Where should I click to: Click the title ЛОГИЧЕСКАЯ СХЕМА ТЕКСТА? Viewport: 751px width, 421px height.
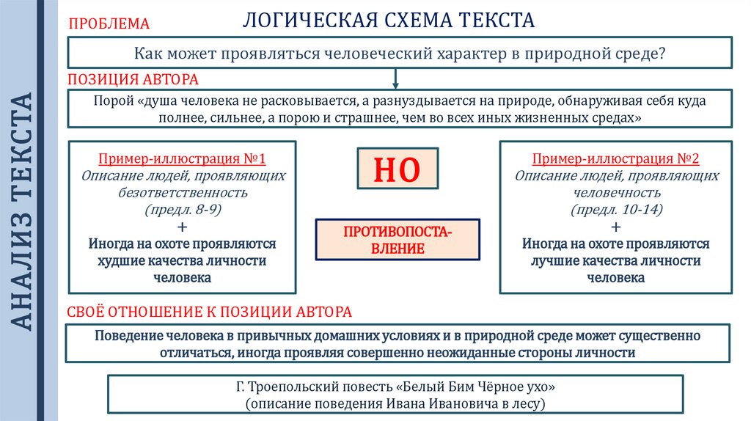(389, 20)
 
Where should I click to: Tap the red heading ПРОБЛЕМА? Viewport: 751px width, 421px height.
(109, 24)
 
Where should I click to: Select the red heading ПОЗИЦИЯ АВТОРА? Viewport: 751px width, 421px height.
(133, 78)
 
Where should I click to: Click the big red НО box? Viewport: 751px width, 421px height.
(397, 169)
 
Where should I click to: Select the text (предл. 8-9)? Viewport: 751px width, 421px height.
(183, 210)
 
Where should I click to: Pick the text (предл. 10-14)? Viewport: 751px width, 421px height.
(616, 210)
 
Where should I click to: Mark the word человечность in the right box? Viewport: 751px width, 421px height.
(616, 193)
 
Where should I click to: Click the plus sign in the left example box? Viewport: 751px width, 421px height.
(183, 227)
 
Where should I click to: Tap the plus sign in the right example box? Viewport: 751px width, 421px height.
(616, 227)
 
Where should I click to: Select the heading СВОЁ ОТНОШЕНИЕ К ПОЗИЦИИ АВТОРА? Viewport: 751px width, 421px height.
(210, 312)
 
